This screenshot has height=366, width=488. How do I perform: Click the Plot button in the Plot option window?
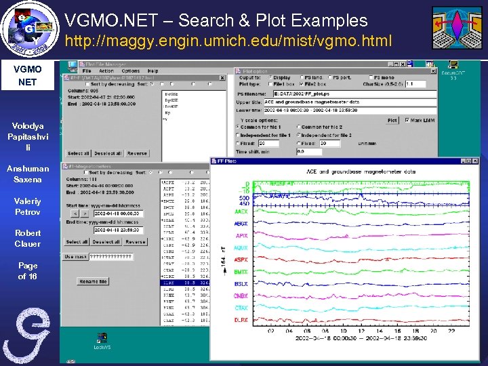pos(392,120)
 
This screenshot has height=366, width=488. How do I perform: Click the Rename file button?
pos(94,281)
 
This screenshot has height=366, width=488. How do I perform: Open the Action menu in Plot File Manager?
pos(106,70)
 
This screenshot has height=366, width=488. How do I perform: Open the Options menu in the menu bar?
pos(131,70)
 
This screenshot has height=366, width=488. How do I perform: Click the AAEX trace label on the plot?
pos(241,212)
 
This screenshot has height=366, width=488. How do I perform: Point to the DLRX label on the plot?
pos(241,319)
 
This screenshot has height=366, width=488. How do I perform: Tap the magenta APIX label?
pos(241,237)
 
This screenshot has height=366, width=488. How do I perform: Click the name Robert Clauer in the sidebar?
pos(28,238)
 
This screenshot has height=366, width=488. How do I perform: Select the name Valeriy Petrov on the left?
pos(28,206)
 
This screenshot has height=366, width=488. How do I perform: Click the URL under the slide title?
pos(228,42)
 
